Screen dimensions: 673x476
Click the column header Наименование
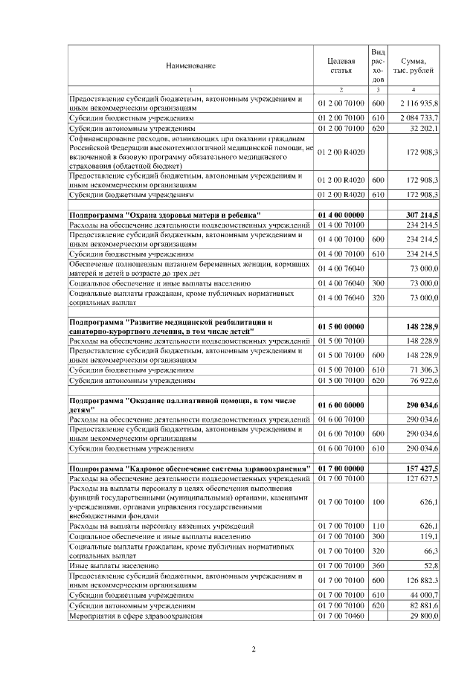click(x=190, y=65)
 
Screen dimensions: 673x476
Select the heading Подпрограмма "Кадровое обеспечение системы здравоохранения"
click(x=190, y=468)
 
